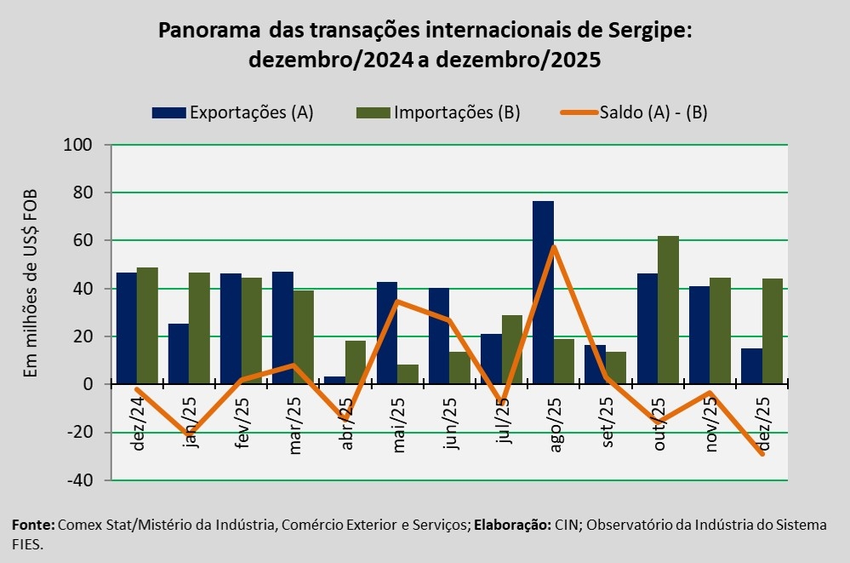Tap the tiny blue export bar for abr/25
point(335,381)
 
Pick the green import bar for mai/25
point(408,375)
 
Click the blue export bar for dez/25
point(751,366)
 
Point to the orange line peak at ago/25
point(553,247)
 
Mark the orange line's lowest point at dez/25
point(762,453)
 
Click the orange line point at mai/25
point(397,302)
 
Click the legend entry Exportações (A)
point(233,112)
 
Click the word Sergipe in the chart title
point(642,32)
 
